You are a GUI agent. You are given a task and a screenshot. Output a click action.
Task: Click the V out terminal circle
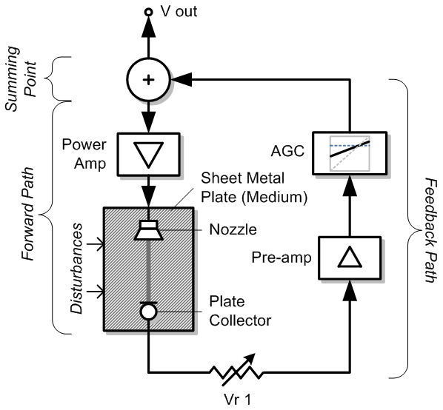point(148,12)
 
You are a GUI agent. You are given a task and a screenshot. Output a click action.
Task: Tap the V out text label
point(179,11)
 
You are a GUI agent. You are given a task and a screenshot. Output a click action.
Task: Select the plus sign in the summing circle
point(149,80)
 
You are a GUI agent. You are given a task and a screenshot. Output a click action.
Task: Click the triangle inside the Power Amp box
point(149,155)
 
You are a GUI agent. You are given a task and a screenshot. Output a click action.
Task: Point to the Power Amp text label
point(84,154)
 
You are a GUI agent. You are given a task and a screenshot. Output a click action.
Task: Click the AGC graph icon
point(350,153)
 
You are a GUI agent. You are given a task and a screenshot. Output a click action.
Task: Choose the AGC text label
point(287,151)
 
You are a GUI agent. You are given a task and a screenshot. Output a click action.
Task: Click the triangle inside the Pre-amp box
point(350,257)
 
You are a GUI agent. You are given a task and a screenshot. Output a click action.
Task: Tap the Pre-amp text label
point(282,258)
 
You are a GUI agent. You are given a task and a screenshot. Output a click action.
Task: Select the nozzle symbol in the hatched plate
point(149,230)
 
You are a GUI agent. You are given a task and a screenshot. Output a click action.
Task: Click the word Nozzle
point(233,229)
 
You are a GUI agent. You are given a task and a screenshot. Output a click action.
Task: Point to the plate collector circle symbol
point(149,311)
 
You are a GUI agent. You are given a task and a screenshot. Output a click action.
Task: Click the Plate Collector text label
point(240,311)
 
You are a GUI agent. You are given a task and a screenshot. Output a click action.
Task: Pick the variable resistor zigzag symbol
point(237,369)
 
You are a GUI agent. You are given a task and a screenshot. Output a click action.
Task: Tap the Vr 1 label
point(237,400)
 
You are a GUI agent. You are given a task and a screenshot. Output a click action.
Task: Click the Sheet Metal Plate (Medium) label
point(254,188)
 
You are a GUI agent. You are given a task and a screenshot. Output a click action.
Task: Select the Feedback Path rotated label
point(431,230)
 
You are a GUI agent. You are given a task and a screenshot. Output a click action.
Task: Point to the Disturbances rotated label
point(76,269)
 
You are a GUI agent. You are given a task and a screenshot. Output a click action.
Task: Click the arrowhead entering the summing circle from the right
point(181,80)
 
